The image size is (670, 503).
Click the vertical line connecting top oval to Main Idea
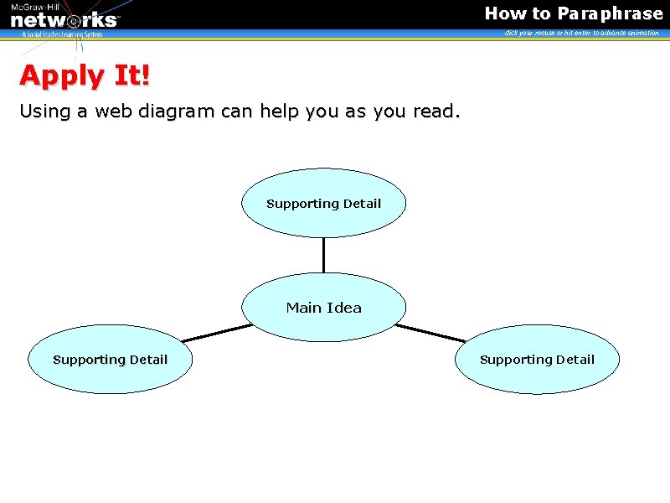[x=323, y=255]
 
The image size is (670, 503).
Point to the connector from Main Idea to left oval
[x=216, y=333]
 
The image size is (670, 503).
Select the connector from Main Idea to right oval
[x=430, y=333]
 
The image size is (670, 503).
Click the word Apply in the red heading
[x=64, y=76]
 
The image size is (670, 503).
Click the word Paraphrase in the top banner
[x=611, y=13]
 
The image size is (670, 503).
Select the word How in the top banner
[x=506, y=13]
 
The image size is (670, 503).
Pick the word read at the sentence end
[x=435, y=111]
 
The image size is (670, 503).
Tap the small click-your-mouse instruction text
[x=581, y=33]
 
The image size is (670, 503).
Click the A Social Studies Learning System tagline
[x=62, y=34]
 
